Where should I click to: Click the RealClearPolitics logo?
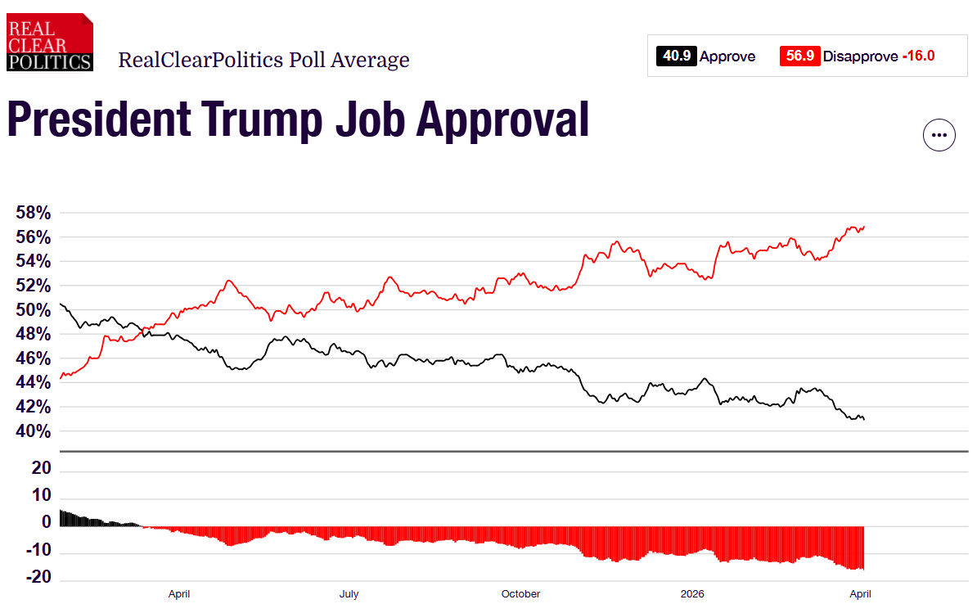(x=49, y=42)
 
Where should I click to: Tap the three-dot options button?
(x=939, y=135)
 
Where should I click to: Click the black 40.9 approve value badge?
(x=676, y=56)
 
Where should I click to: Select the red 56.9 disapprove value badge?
(x=799, y=56)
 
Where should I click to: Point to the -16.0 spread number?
(x=918, y=56)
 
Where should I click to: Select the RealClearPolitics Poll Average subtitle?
(x=263, y=60)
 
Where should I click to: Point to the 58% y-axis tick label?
(x=34, y=213)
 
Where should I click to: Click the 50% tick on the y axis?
(x=34, y=310)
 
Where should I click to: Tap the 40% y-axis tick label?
(x=34, y=431)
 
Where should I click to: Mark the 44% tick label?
(x=34, y=383)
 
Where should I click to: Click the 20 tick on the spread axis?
(x=43, y=469)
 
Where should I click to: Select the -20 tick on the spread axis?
(x=39, y=578)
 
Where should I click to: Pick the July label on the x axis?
(x=349, y=594)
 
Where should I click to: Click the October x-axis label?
(x=520, y=594)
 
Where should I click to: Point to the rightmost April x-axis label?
(x=859, y=594)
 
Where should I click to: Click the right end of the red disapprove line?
(x=864, y=227)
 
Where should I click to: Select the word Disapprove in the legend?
(x=860, y=56)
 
